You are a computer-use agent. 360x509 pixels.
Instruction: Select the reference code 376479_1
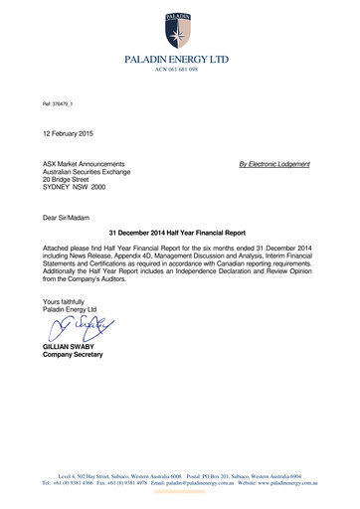(61, 105)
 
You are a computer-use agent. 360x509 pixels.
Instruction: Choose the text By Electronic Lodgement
(270, 162)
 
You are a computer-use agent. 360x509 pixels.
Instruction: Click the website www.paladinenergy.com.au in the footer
(278, 480)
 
